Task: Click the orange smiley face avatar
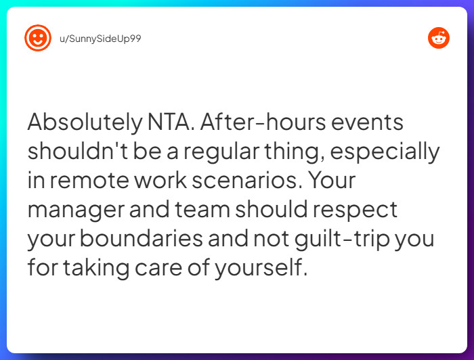click(38, 38)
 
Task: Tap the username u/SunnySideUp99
click(100, 39)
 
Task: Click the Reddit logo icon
click(439, 38)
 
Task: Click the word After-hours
click(263, 122)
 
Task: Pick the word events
click(367, 122)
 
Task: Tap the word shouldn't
click(78, 151)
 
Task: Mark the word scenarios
click(246, 180)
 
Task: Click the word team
click(202, 210)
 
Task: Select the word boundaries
click(141, 239)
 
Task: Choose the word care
click(158, 268)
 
